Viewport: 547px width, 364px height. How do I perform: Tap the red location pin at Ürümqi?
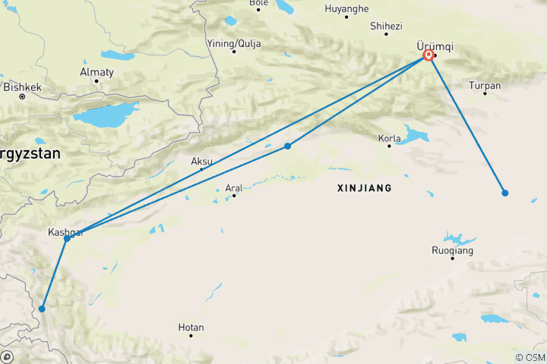(x=428, y=55)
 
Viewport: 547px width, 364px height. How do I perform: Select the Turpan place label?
(x=485, y=86)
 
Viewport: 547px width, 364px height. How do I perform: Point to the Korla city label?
(x=389, y=139)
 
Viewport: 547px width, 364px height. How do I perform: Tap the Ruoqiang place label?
(x=452, y=250)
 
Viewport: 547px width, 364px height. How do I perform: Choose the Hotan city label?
(x=191, y=328)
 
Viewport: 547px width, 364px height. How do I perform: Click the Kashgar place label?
(x=65, y=231)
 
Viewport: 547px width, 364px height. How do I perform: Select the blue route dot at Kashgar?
(x=68, y=238)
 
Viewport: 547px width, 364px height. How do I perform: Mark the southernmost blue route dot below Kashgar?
(x=42, y=309)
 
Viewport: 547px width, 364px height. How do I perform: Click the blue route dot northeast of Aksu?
(x=287, y=146)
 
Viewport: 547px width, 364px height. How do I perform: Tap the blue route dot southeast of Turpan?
(x=504, y=193)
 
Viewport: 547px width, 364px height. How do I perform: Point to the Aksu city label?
(x=201, y=162)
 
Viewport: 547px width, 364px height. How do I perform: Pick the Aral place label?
(x=234, y=188)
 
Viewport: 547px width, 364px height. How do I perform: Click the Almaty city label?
(x=96, y=72)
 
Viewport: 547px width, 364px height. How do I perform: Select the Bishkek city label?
(x=22, y=87)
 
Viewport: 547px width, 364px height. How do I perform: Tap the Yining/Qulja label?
(x=234, y=43)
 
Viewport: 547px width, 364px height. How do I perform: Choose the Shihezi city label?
(x=386, y=26)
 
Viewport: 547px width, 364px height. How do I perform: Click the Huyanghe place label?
(x=346, y=8)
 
